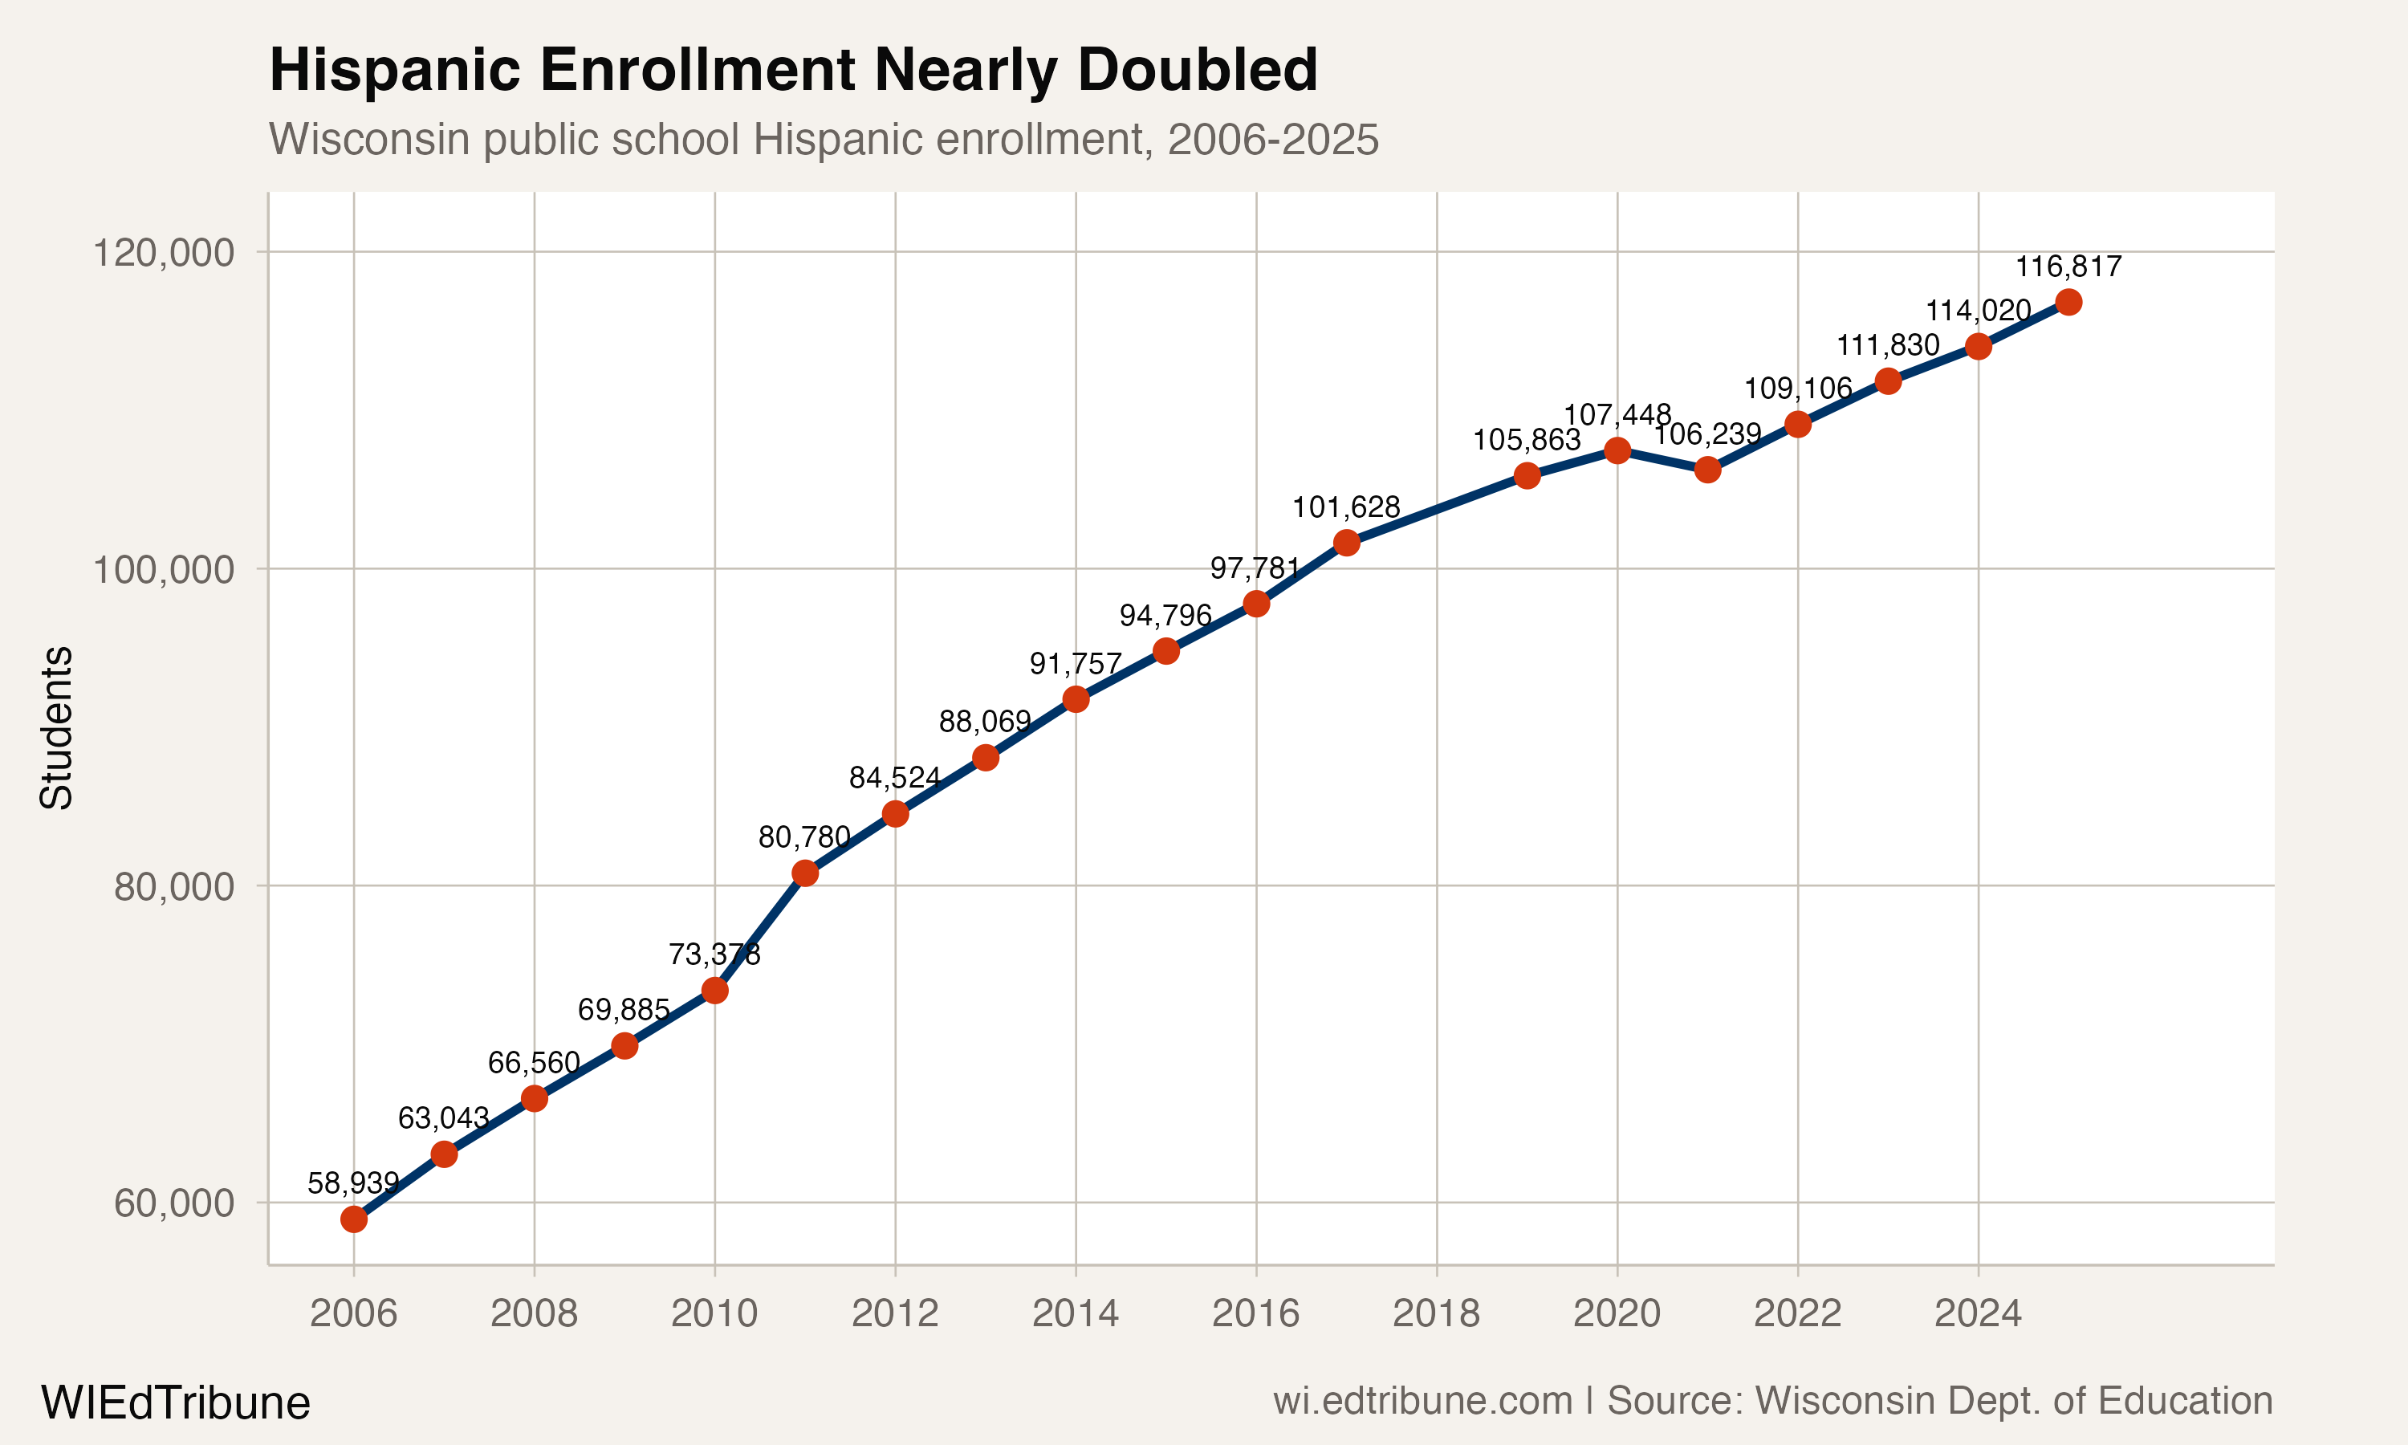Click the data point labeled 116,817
[x=2068, y=303]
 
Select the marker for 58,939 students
[x=353, y=1219]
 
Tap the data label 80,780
[x=804, y=837]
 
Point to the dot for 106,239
[x=1707, y=470]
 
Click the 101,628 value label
[x=1345, y=507]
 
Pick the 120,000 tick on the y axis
[x=164, y=253]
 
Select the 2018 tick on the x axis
[x=1436, y=1313]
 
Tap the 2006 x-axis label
[x=353, y=1313]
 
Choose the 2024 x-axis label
[x=1978, y=1313]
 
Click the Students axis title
[x=56, y=727]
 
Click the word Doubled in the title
[x=1198, y=70]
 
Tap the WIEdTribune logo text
[x=175, y=1403]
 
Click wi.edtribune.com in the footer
[x=1422, y=1401]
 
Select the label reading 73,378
[x=714, y=955]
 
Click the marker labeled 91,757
[x=1076, y=699]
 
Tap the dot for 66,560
[x=535, y=1098]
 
